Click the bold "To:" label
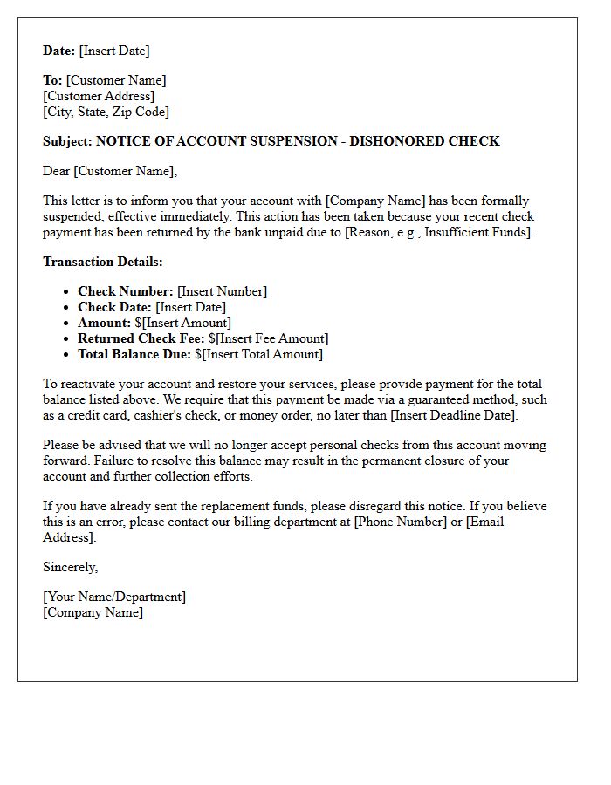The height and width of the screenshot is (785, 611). tap(52, 80)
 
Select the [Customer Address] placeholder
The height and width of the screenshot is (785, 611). tap(99, 96)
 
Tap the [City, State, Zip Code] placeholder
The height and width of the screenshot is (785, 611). tap(106, 112)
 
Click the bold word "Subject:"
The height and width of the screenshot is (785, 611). tap(67, 141)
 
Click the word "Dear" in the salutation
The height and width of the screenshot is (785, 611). tap(56, 171)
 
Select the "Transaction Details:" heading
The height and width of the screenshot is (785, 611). tap(103, 262)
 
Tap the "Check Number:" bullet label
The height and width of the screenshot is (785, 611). tap(125, 291)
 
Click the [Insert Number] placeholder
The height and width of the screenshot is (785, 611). tap(222, 291)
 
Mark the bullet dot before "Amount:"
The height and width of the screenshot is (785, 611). tap(67, 324)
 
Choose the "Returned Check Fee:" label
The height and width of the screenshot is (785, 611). tap(141, 338)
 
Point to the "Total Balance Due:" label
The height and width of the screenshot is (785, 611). tap(134, 354)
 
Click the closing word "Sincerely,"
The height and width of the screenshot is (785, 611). tap(70, 567)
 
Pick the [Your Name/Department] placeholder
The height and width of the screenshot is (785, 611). tap(114, 597)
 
